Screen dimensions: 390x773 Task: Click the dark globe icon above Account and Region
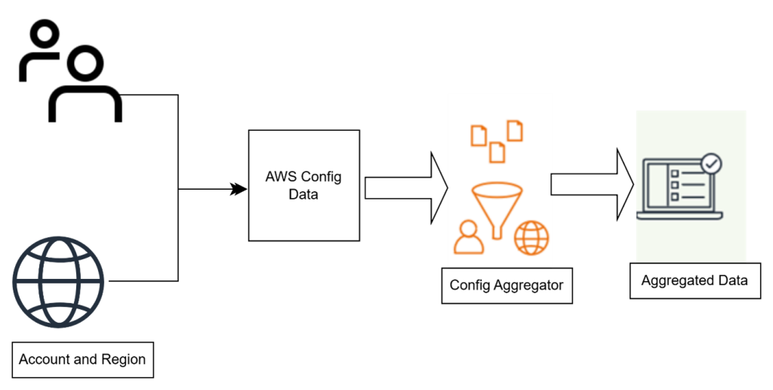(58, 281)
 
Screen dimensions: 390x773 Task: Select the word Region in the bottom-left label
(123, 360)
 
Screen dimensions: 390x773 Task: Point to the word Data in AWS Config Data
(303, 194)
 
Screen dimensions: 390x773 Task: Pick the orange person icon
(469, 237)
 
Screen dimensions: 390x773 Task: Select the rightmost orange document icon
(515, 130)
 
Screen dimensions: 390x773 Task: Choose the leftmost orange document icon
(479, 135)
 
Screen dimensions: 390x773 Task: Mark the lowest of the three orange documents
(497, 151)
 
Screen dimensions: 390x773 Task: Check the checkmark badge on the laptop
(710, 163)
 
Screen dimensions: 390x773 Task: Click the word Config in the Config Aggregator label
(468, 286)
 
